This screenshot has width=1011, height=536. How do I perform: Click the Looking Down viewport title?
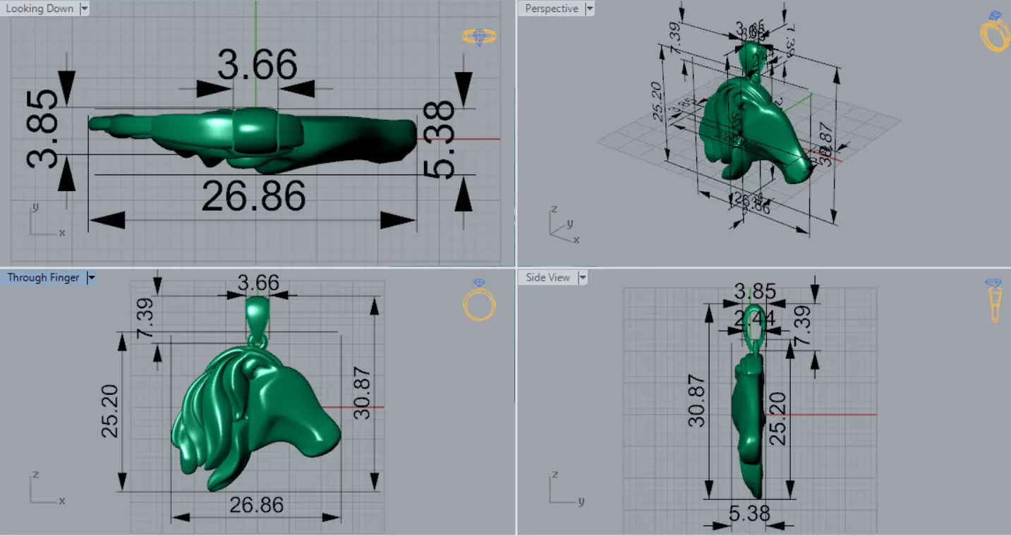[40, 8]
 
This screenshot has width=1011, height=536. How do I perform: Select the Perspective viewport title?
[552, 8]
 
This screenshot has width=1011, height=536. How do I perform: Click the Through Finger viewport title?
[43, 278]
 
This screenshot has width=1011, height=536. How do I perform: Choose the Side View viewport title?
[547, 278]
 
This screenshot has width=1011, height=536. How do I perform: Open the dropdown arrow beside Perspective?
[590, 8]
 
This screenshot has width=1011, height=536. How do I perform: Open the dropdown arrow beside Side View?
[583, 278]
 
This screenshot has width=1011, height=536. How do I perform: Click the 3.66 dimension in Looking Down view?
[257, 66]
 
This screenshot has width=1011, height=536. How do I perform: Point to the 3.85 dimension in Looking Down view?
[44, 128]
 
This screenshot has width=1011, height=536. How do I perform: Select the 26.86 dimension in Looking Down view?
[253, 197]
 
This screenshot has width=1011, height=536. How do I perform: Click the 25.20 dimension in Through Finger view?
[110, 412]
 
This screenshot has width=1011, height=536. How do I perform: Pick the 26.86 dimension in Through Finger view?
[256, 505]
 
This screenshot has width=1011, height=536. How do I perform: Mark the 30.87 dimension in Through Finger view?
[362, 394]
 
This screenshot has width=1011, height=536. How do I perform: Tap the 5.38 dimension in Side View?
[749, 513]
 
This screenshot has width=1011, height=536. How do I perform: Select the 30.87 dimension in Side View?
[696, 401]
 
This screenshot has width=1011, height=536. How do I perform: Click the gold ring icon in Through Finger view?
[479, 301]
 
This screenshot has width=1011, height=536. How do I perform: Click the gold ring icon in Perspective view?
[995, 32]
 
